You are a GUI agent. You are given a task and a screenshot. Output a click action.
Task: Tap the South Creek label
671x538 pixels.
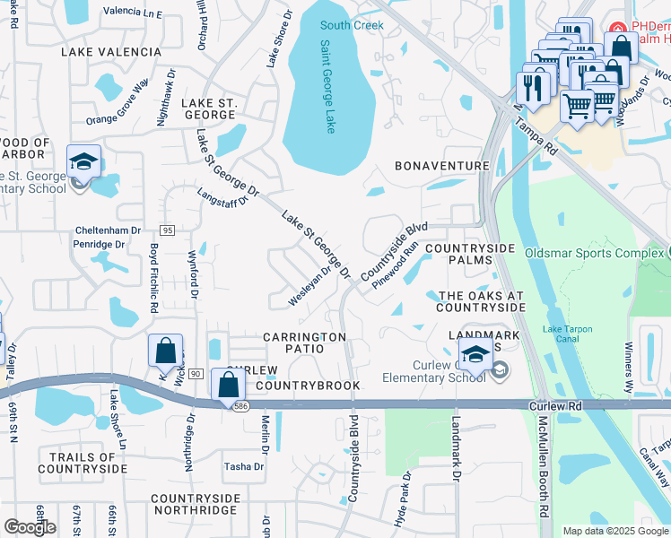[352, 25]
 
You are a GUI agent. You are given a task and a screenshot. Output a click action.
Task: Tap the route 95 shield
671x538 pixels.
[168, 230]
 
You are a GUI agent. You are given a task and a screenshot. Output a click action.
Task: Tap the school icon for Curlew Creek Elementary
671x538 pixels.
[475, 351]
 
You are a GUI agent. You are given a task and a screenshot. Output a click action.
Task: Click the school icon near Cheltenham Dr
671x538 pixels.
[83, 163]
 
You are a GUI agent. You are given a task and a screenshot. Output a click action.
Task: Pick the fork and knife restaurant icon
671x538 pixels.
[533, 88]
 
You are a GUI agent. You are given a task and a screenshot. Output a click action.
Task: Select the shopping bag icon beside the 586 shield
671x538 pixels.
[229, 385]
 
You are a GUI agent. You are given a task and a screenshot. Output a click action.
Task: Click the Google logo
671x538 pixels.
[30, 527]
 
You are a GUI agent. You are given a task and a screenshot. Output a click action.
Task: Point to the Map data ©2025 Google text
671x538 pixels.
[615, 531]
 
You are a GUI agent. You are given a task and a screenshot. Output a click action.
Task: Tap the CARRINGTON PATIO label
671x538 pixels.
[304, 337]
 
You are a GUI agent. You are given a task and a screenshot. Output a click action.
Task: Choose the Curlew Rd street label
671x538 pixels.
[556, 406]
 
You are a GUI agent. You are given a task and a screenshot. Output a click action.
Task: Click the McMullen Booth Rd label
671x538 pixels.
[542, 471]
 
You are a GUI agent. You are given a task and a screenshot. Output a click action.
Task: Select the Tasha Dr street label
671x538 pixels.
[244, 466]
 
